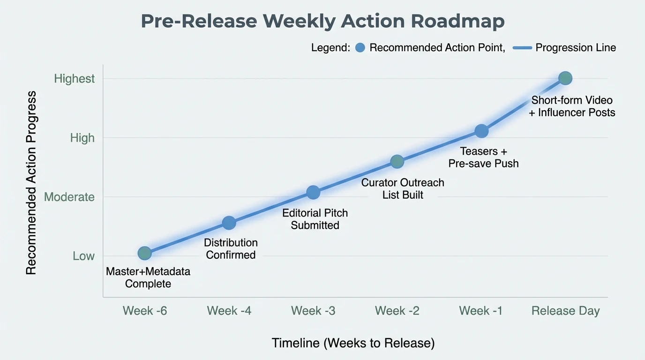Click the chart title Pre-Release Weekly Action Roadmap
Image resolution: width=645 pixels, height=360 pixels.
tap(322, 22)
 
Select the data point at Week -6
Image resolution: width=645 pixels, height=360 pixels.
tap(144, 254)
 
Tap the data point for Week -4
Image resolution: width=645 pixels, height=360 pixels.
tap(229, 223)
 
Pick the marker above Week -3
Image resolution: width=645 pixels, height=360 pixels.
tap(313, 192)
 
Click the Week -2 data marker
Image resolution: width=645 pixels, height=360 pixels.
tap(397, 162)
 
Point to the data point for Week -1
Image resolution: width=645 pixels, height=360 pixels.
tap(481, 131)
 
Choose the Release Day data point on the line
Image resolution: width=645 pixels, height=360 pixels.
tap(565, 78)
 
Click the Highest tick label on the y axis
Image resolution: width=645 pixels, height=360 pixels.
tap(74, 78)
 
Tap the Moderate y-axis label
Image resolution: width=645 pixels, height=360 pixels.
tap(69, 197)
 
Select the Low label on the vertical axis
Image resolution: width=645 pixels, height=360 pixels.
tap(83, 256)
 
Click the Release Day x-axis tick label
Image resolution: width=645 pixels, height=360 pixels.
tap(565, 311)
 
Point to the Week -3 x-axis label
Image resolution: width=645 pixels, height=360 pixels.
tap(313, 311)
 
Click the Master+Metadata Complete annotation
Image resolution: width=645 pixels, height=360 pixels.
tap(148, 277)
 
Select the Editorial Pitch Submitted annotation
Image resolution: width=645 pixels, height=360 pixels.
tap(315, 219)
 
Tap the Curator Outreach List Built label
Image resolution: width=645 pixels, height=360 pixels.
tap(403, 188)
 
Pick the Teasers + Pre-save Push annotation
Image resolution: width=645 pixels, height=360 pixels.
tap(483, 157)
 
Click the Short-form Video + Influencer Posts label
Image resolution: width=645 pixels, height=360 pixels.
tap(572, 106)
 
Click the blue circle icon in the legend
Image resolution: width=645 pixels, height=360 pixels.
tap(360, 47)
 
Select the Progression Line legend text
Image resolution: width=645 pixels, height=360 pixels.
tap(576, 47)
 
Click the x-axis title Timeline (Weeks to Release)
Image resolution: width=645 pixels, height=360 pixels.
tap(353, 343)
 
